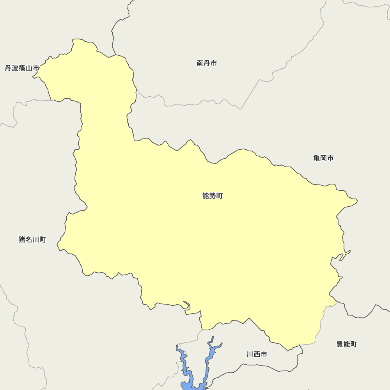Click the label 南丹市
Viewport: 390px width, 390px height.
(207, 63)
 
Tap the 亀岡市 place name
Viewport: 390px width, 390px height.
(323, 158)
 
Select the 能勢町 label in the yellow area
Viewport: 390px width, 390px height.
(213, 196)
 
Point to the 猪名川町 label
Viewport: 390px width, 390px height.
(32, 239)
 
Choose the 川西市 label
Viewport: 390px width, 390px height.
(257, 355)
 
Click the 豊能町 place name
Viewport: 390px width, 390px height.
(347, 344)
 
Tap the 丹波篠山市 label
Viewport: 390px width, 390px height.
(22, 68)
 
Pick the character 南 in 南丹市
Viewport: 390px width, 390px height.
(200, 63)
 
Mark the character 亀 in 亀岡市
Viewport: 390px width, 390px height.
(317, 158)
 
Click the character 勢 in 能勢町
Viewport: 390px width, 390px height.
(213, 196)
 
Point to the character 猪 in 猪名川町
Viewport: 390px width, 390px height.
(22, 239)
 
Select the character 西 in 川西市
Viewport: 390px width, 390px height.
(257, 355)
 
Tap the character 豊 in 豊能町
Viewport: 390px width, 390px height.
(340, 344)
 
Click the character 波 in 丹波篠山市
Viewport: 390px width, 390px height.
(15, 68)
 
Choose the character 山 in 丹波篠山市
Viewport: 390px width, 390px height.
(29, 68)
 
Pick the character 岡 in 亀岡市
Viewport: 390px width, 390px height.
(323, 158)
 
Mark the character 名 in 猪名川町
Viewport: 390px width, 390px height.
(29, 239)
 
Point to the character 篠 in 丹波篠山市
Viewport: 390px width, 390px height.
(22, 68)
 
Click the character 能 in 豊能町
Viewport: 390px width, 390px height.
(347, 344)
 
